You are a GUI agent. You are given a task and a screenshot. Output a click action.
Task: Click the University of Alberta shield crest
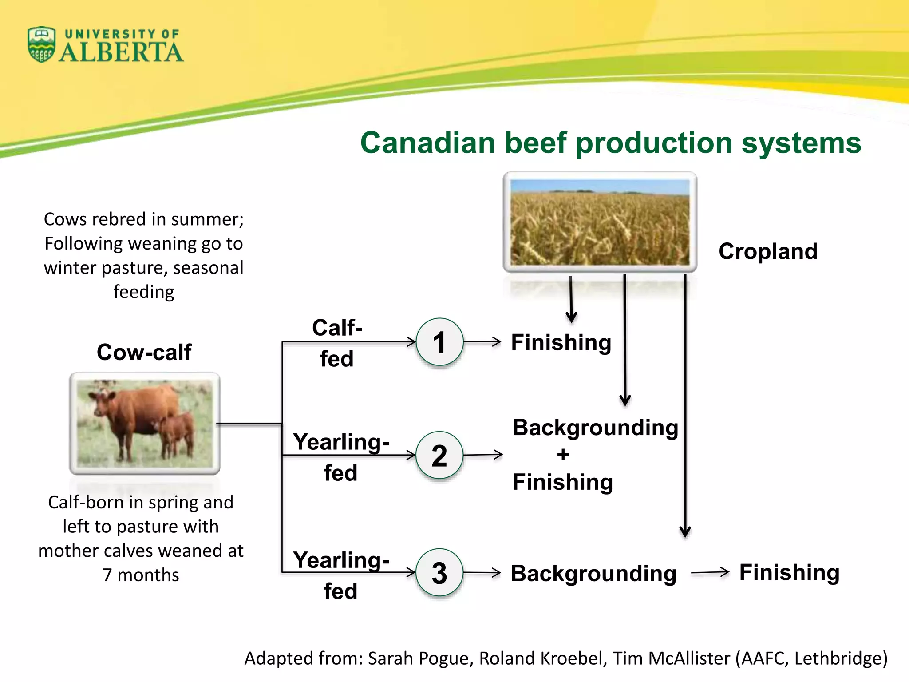click(x=41, y=44)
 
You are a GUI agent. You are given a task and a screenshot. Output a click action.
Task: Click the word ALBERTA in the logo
click(x=121, y=53)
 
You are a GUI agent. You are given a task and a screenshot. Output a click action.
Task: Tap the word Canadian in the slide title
click(x=427, y=143)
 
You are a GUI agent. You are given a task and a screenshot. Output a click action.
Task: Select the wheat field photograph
click(x=600, y=222)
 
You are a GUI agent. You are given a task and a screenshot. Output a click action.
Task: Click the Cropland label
click(x=768, y=251)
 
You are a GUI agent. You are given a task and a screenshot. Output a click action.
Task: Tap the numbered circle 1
click(x=439, y=342)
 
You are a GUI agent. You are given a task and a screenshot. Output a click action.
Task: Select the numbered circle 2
click(x=439, y=456)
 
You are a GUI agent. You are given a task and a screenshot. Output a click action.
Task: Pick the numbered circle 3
click(x=439, y=573)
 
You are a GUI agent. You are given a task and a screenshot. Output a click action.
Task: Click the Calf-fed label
click(x=337, y=343)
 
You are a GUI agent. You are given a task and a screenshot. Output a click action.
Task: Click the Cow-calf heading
click(x=144, y=352)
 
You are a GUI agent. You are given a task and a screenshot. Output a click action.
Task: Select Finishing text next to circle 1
click(x=561, y=342)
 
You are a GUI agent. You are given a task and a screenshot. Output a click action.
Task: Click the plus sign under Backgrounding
click(x=563, y=455)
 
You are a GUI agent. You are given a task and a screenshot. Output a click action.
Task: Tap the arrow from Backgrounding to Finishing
click(x=710, y=572)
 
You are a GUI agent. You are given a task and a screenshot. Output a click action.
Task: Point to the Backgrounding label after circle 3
click(x=593, y=573)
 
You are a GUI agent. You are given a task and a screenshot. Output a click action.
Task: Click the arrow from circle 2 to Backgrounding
click(x=483, y=455)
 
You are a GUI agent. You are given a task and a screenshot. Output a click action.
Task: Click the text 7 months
click(x=141, y=575)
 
